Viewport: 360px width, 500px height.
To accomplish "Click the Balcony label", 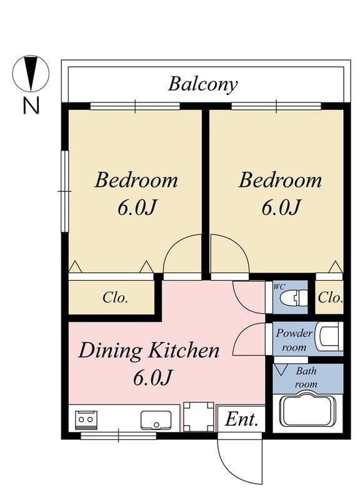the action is tap(202, 84).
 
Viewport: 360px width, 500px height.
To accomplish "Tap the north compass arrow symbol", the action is tap(31, 73).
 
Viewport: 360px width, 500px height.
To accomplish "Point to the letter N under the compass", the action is tap(31, 105).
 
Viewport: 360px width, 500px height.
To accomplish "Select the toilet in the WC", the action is tap(293, 297).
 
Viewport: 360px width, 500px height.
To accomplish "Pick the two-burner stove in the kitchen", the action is tap(86, 420).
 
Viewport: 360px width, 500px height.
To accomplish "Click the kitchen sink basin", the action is tap(156, 420).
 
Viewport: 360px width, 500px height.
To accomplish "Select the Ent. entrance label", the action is tap(241, 419).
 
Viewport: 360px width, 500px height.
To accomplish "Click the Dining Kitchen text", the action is tap(149, 351).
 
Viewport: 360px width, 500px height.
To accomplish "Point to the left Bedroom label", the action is tap(136, 180).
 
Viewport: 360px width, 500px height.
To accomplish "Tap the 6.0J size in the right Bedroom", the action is tap(281, 207).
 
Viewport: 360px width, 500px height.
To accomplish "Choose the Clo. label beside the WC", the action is tap(330, 298).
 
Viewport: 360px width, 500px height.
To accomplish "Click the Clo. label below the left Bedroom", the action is tap(115, 298).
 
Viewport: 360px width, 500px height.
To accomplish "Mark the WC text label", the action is tap(279, 287).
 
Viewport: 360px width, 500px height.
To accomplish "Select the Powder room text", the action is tap(294, 340).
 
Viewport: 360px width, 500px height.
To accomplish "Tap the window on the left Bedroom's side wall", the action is tap(65, 191).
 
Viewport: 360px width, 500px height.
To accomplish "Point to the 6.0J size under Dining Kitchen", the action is tap(152, 377).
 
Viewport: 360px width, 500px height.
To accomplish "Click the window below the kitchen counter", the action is tap(118, 436).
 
